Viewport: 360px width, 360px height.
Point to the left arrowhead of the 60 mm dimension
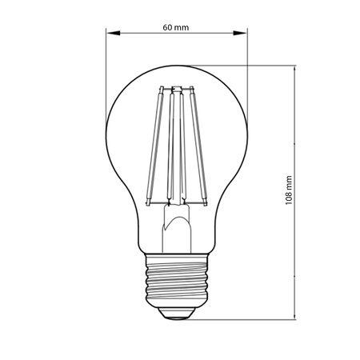111,34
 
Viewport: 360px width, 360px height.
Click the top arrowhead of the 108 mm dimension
298,70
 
